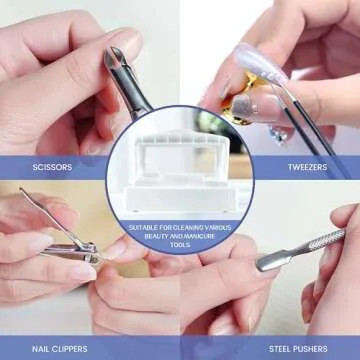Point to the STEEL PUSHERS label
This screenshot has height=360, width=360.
(x=307, y=350)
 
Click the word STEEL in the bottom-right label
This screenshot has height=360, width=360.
(x=290, y=350)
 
